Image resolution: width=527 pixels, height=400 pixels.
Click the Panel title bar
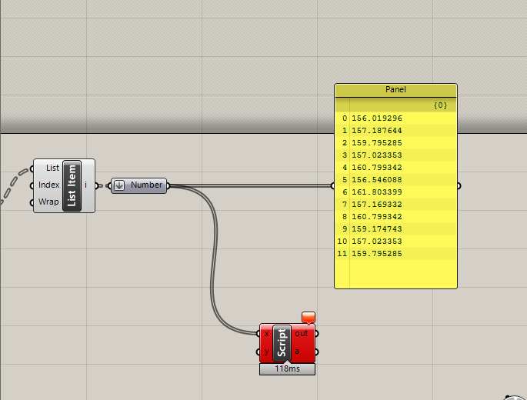pyautogui.click(x=395, y=90)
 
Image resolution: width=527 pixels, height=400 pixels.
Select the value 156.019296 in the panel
pyautogui.click(x=377, y=118)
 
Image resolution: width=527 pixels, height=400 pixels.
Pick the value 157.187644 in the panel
pyautogui.click(x=377, y=131)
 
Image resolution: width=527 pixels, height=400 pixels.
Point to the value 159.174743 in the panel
pyautogui.click(x=377, y=229)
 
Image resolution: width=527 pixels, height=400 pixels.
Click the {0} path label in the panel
pyautogui.click(x=440, y=105)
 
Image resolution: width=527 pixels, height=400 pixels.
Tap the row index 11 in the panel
pyautogui.click(x=342, y=254)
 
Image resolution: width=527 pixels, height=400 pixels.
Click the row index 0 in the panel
pyautogui.click(x=345, y=118)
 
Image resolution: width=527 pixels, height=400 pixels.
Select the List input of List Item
pyautogui.click(x=52, y=168)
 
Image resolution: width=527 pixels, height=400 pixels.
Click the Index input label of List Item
pyautogui.click(x=48, y=185)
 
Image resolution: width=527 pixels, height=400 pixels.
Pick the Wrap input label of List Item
pyautogui.click(x=50, y=202)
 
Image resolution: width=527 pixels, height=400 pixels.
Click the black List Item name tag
pyautogui.click(x=72, y=185)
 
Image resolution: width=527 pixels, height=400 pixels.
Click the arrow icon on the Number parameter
pyautogui.click(x=119, y=185)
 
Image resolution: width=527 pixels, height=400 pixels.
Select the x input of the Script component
pyautogui.click(x=267, y=334)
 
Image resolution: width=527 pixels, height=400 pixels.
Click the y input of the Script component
pyautogui.click(x=267, y=352)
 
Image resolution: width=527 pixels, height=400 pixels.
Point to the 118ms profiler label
pyautogui.click(x=287, y=369)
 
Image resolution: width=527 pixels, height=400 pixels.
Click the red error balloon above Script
pyautogui.click(x=309, y=317)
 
